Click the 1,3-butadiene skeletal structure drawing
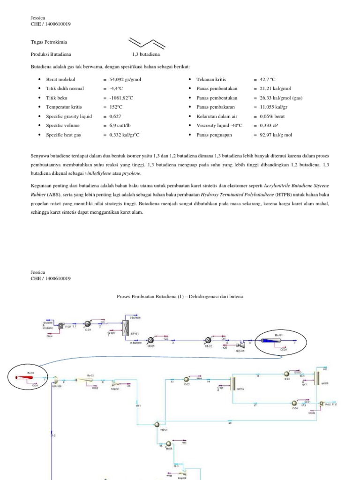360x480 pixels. [x=148, y=43]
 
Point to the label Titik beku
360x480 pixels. [x=58, y=98]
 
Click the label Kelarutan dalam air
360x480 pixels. [x=217, y=116]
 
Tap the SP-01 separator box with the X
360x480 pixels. [x=126, y=328]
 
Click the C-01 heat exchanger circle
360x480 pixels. [x=87, y=324]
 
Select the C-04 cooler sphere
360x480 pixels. [x=294, y=403]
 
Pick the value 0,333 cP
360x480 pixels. [x=265, y=126]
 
